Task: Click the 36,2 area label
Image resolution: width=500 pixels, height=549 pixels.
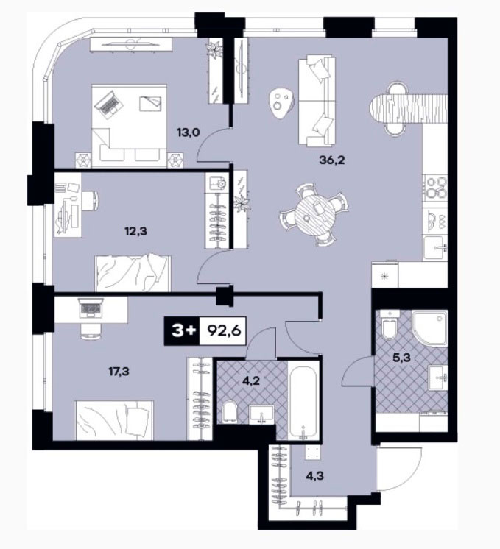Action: [332, 160]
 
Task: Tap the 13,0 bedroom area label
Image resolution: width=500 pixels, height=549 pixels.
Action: [189, 132]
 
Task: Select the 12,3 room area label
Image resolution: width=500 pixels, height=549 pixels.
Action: [135, 231]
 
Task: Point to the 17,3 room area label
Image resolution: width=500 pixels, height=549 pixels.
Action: [119, 371]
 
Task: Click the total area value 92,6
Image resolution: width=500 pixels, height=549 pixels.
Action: [225, 330]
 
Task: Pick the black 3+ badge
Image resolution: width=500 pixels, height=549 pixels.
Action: [182, 331]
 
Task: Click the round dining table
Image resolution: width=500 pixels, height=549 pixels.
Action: [313, 215]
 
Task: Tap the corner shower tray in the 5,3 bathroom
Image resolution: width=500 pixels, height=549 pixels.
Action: [429, 327]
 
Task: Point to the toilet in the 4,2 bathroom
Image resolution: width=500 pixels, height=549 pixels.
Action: [230, 411]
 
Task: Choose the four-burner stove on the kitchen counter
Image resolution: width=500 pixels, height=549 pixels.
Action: [436, 188]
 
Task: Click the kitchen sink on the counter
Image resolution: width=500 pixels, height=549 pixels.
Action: [435, 248]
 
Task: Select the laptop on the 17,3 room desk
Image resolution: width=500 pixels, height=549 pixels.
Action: [91, 308]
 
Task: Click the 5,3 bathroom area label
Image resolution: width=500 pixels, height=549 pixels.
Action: [402, 358]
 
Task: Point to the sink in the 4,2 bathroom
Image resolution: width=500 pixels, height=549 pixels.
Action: [261, 414]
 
